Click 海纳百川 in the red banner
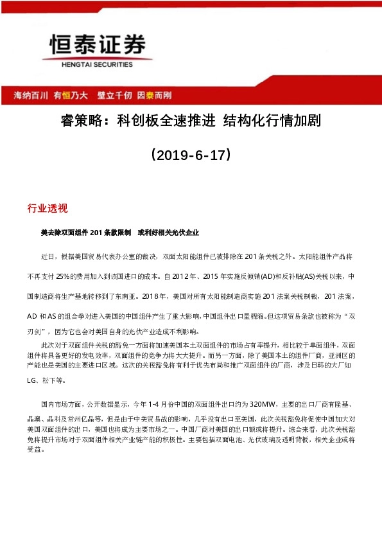tap(31, 94)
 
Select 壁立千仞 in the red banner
tap(114, 94)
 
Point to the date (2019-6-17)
tap(190, 155)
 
